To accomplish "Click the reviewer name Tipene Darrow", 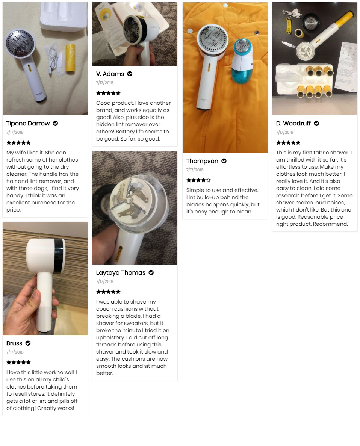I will [x=28, y=124].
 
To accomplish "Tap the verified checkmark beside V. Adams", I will [x=130, y=74].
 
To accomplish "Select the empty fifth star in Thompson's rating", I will [x=209, y=180].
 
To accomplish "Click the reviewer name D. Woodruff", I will [x=293, y=124].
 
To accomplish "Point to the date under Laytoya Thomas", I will [x=104, y=281].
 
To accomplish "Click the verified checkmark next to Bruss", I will [x=28, y=343].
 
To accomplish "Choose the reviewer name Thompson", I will [x=202, y=161].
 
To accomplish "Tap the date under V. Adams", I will [x=104, y=83].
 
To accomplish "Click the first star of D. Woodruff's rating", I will [x=278, y=143].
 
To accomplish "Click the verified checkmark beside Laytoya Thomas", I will [x=151, y=273].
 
